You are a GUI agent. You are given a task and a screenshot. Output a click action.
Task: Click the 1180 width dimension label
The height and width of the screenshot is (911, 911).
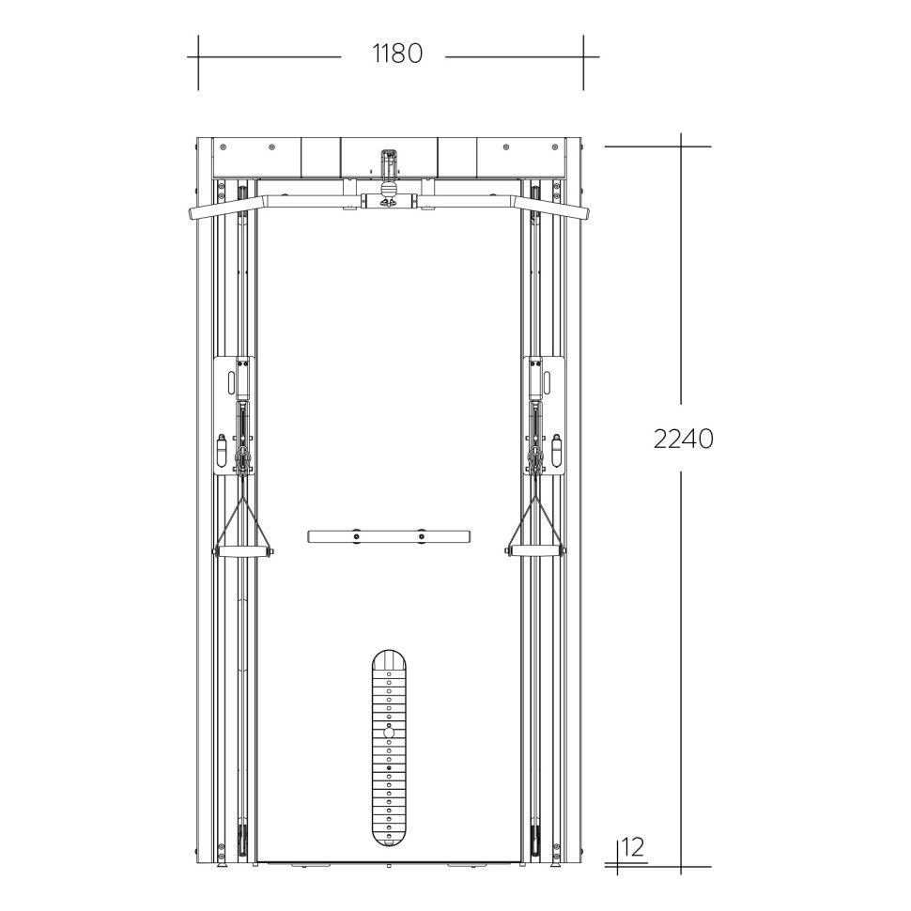click(397, 54)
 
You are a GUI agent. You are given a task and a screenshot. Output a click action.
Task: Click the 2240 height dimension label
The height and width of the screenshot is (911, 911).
click(684, 439)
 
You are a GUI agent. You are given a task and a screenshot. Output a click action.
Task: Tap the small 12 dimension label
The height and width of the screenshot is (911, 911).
click(633, 847)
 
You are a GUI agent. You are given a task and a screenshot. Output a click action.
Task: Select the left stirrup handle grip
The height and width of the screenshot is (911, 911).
click(243, 551)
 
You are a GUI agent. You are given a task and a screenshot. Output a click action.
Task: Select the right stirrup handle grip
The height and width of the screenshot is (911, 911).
click(534, 551)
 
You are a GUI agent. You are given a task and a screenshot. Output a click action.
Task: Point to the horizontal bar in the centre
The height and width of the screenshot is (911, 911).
click(389, 535)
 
